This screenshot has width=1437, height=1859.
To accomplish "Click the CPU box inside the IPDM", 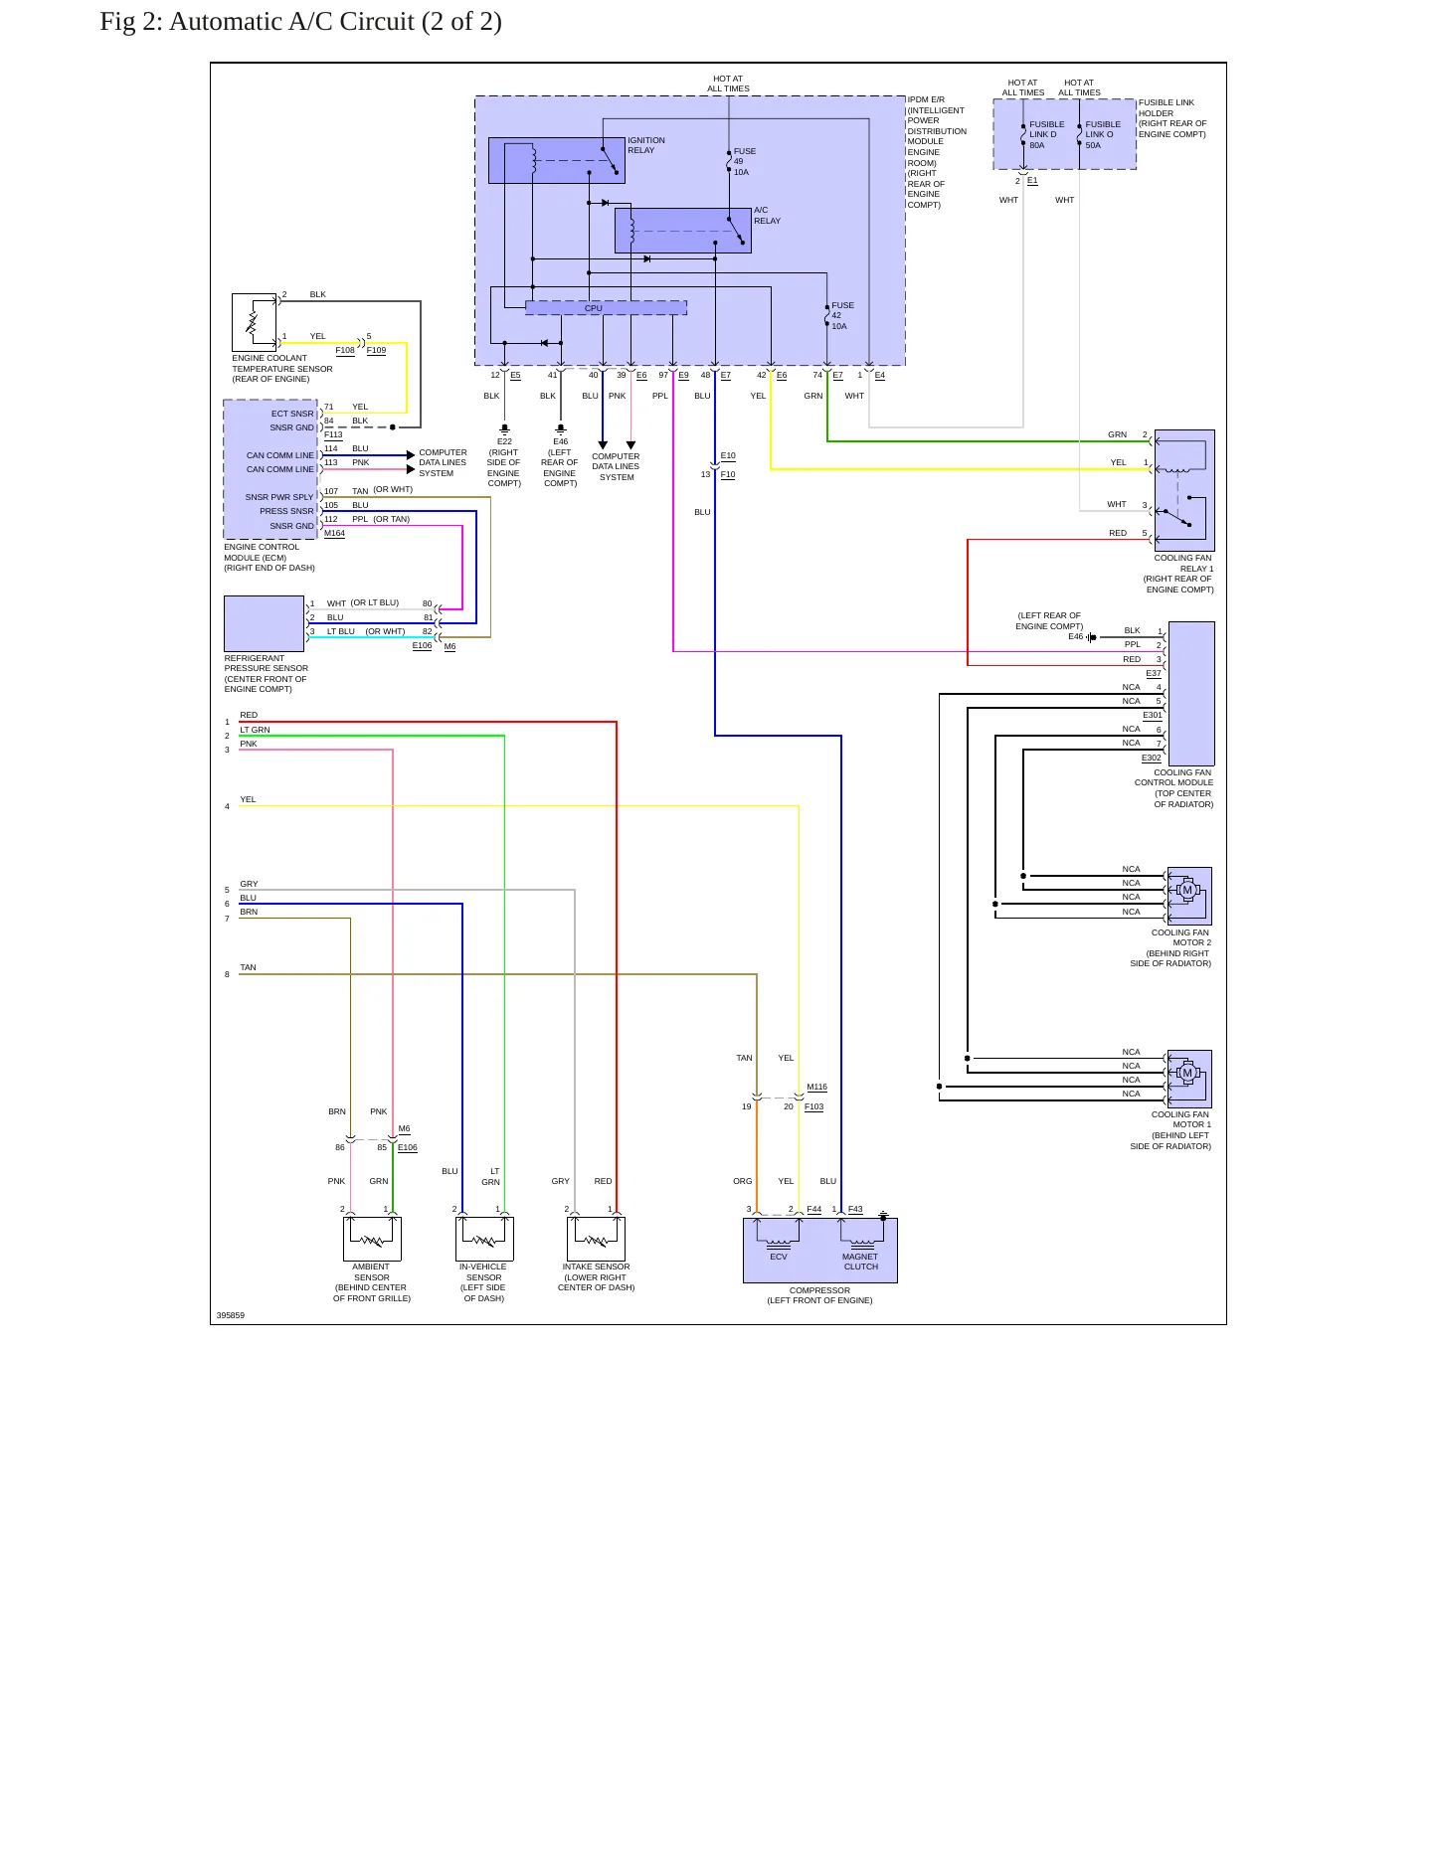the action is pos(606,308).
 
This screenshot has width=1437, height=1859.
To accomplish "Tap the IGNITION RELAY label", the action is pos(646,145).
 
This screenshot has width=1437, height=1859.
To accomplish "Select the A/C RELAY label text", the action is pos(767,216).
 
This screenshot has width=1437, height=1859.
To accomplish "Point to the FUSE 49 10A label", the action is pos(745,162).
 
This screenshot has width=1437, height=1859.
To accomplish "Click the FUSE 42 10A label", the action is pos(842,316).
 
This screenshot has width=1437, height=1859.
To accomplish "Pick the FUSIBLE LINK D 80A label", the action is pos(1046,135).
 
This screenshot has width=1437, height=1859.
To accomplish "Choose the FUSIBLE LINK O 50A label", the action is pos(1102,135).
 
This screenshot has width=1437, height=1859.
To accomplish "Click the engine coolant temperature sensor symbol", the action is pos(254,322).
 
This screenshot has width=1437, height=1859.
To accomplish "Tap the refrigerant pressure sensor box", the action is pos(264,623).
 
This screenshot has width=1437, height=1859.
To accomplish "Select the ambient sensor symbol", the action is pos(372,1239).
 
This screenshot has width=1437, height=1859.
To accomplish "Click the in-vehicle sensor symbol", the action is pos(484,1239).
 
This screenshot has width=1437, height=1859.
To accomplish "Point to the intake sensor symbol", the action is pos(596,1239).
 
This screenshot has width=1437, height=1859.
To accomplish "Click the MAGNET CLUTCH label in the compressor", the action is pos(860,1262).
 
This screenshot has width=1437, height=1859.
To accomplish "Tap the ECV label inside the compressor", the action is pos(779,1257).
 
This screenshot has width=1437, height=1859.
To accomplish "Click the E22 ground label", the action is pos(504,441).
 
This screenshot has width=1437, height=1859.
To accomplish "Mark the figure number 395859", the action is pos(231,1315).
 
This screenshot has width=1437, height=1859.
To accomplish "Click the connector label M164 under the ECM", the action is pos(335,534).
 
